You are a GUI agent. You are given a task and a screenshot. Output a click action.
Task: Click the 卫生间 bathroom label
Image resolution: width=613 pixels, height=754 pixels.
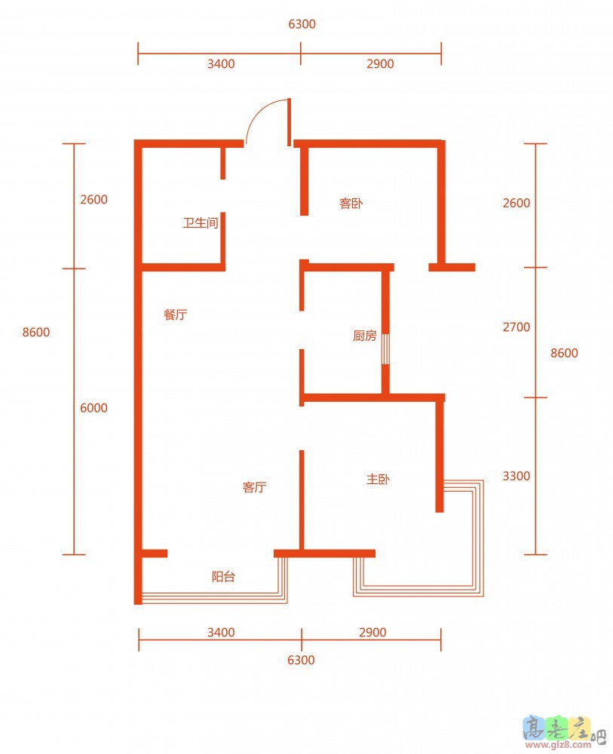[x=201, y=222]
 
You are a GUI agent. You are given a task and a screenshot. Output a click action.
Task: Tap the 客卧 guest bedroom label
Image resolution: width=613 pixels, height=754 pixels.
[x=351, y=204]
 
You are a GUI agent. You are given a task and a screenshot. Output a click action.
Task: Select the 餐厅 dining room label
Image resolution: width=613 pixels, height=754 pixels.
[x=175, y=314]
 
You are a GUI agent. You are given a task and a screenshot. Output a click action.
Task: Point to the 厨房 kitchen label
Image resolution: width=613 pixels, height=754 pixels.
[x=364, y=336]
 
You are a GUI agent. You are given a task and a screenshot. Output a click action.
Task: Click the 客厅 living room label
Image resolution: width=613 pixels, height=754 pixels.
[x=254, y=487]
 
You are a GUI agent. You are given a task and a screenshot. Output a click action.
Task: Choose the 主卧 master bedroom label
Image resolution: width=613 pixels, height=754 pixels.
[x=378, y=479]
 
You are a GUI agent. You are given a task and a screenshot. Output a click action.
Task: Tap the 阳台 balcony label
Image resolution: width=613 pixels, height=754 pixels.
[x=224, y=576]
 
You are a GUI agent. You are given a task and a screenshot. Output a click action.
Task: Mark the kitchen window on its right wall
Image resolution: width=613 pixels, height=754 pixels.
[x=385, y=348]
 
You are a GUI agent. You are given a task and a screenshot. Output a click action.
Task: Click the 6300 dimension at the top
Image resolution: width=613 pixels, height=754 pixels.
[x=302, y=24]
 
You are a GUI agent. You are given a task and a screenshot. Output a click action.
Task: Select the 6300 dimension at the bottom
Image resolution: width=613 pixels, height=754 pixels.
[x=301, y=660]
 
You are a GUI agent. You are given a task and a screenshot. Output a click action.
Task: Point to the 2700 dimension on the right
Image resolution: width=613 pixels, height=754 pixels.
[x=516, y=327]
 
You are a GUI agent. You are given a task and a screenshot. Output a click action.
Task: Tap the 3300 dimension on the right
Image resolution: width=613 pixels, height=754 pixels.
[x=516, y=476]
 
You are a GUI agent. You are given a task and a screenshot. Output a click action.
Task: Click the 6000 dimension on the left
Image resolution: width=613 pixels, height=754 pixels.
[x=93, y=408]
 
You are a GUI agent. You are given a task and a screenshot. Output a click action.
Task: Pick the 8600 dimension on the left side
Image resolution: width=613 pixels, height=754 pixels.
[x=36, y=333]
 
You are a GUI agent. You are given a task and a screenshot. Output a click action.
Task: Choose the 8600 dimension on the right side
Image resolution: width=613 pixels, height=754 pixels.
[x=564, y=353]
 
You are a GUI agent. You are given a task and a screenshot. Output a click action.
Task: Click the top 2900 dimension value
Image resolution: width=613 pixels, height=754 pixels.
[x=380, y=63]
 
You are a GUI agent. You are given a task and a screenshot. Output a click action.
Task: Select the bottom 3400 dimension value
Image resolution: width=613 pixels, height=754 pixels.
[x=221, y=632]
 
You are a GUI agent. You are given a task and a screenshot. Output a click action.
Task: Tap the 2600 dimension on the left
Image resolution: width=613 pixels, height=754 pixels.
[x=93, y=199]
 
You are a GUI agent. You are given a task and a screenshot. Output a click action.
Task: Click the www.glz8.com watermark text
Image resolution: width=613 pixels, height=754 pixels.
[x=563, y=745]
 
